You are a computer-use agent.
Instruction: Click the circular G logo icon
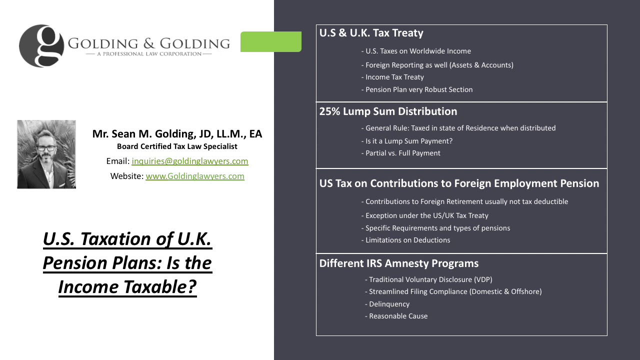(41, 46)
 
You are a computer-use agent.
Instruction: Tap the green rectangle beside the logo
(271, 41)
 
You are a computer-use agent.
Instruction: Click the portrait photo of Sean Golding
(46, 154)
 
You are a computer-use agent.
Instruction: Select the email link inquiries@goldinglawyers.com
(190, 161)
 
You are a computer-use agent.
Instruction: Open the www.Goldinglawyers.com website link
(195, 176)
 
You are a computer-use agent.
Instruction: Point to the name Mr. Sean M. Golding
(177, 134)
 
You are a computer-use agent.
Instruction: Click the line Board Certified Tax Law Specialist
(177, 146)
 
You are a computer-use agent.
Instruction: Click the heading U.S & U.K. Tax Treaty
(371, 33)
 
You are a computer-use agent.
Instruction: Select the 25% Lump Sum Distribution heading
(388, 111)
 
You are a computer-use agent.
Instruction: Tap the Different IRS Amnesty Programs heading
(399, 263)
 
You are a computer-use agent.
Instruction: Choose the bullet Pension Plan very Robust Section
(417, 89)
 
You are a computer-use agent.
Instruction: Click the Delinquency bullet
(387, 304)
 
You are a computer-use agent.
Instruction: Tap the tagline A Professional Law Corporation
(148, 53)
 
